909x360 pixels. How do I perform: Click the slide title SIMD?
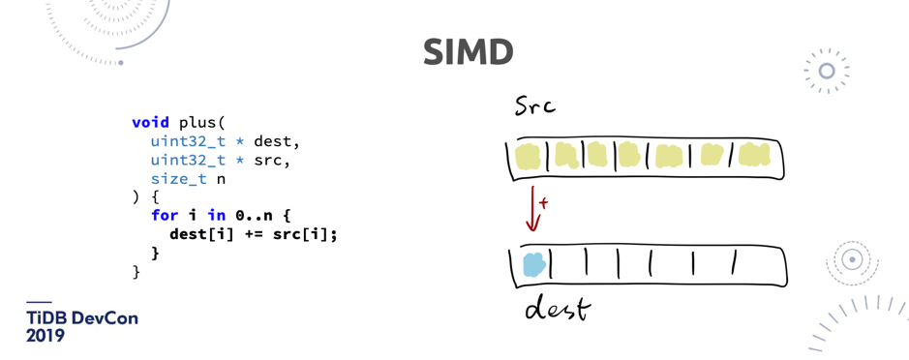(468, 52)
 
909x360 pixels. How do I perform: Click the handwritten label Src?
(535, 105)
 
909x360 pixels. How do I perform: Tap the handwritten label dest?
(557, 309)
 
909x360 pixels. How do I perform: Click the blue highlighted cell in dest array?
(533, 264)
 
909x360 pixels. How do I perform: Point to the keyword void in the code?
(150, 123)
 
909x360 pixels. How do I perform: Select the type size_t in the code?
(178, 179)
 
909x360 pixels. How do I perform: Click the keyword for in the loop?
(165, 216)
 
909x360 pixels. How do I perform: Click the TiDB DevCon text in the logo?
(82, 318)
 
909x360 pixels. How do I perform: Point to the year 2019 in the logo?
(45, 337)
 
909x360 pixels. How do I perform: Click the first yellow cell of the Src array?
(529, 157)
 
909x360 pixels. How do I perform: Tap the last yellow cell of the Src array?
(754, 155)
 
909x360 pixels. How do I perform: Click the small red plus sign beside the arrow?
(544, 203)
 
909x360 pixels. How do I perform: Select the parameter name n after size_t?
(221, 179)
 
